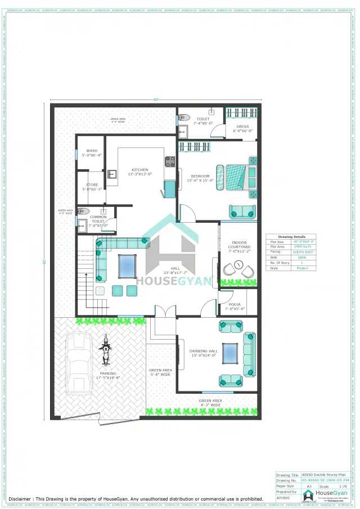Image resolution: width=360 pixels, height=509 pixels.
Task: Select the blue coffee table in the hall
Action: [127, 265]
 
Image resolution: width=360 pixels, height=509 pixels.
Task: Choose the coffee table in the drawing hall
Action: [230, 353]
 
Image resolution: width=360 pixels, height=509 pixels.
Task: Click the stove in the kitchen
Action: [169, 162]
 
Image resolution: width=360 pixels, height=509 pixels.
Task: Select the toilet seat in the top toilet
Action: [183, 119]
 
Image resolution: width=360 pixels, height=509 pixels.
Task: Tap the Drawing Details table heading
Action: [291, 237]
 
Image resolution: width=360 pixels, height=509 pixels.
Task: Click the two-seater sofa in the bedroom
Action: [242, 211]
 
